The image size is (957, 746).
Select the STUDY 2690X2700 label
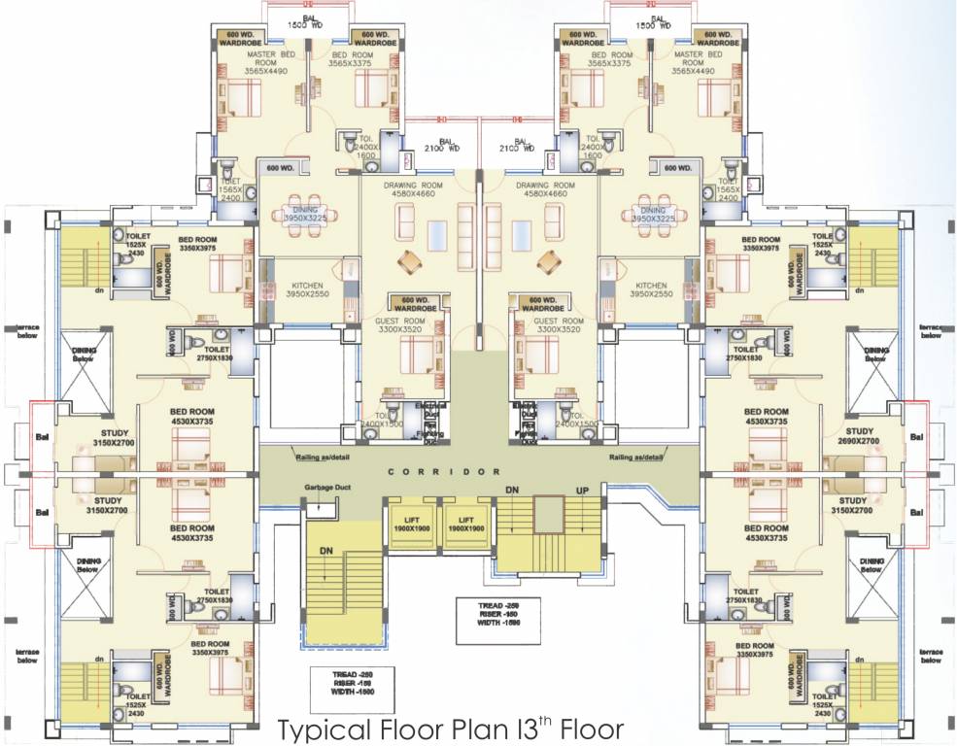pos(860,435)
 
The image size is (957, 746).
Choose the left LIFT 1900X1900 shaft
pos(412,525)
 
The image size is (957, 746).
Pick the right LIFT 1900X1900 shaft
pos(465,525)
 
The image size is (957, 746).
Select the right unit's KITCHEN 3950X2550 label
pos(651,288)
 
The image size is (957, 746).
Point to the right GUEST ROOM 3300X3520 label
pos(559,325)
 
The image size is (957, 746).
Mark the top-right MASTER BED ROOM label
pos(695,61)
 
